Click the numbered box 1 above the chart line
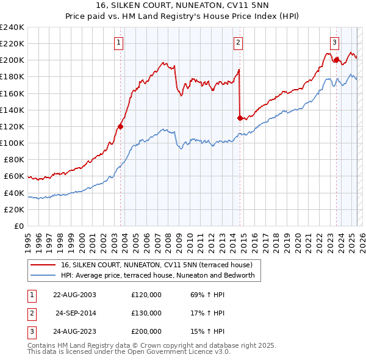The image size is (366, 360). (118, 42)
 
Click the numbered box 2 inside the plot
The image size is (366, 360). (237, 42)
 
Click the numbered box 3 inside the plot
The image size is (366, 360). (335, 42)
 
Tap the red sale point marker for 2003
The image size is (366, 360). (120, 126)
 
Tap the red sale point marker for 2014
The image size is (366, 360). (240, 118)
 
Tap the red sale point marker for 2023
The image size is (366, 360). (336, 60)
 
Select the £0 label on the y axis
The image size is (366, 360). (19, 226)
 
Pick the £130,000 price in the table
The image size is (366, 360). (146, 313)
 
